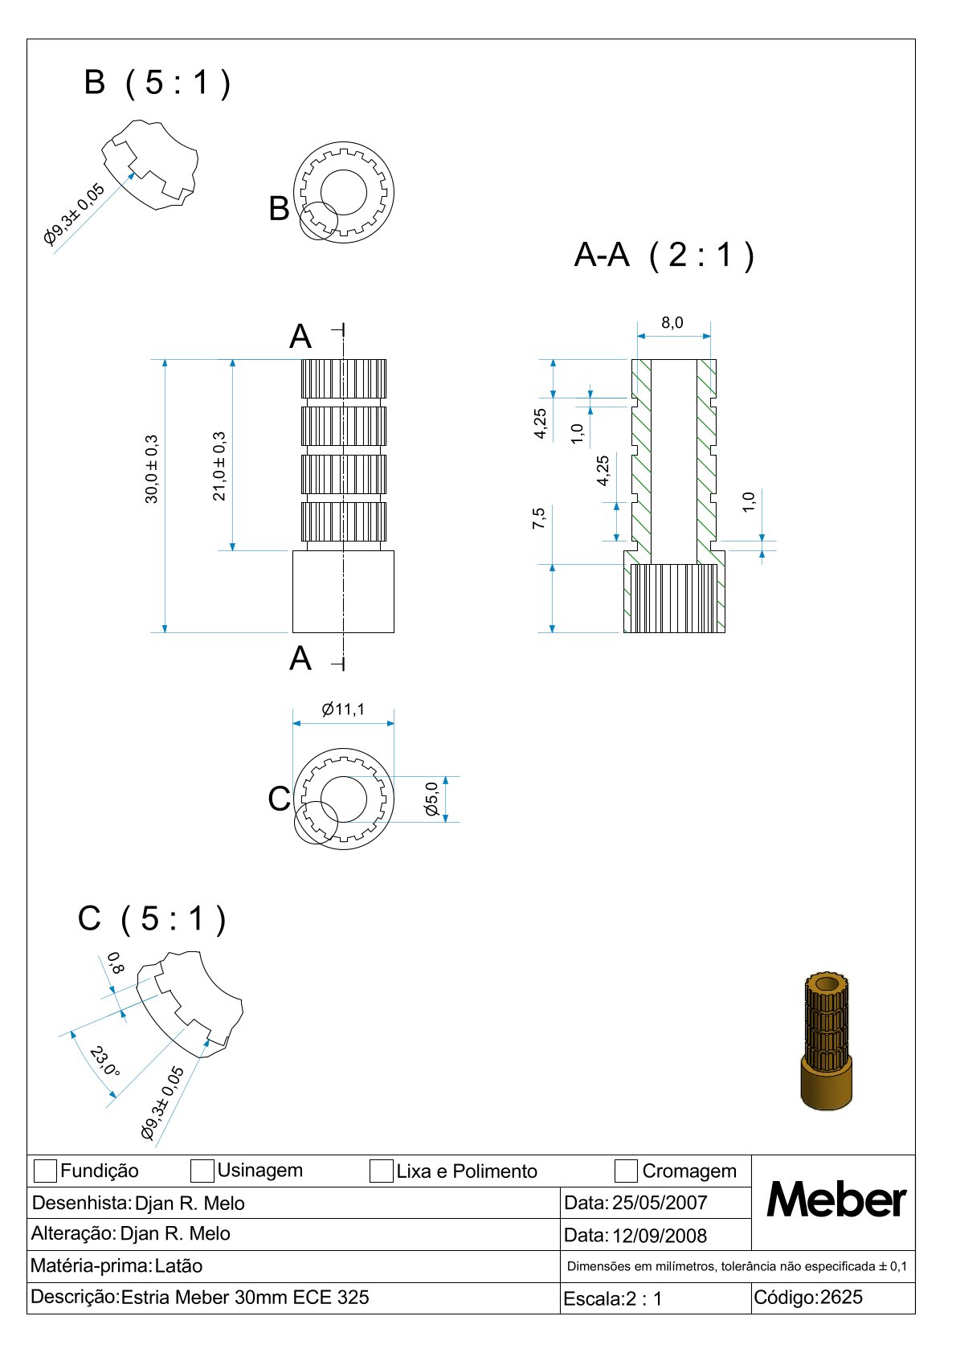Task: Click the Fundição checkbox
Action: pos(45,1171)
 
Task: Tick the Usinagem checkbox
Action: pos(202,1171)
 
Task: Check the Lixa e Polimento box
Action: pos(381,1171)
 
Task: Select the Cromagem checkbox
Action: pos(626,1171)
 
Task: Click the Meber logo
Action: pos(836,1200)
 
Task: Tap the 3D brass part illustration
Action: pos(827,1041)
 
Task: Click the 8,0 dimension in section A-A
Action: pos(672,323)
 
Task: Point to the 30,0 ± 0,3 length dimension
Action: pos(152,469)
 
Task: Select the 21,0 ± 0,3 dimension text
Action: pos(219,467)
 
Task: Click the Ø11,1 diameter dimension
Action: pos(343,709)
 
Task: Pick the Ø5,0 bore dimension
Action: pos(432,799)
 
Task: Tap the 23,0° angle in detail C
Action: pos(105,1061)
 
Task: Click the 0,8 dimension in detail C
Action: pos(115,963)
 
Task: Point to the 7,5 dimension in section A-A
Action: pos(539,518)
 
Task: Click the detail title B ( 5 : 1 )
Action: pos(157,83)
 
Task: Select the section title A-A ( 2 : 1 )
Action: pos(664,255)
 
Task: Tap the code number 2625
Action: pos(841,1298)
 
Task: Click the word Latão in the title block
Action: pos(178,1266)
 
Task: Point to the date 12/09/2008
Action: pos(660,1236)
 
